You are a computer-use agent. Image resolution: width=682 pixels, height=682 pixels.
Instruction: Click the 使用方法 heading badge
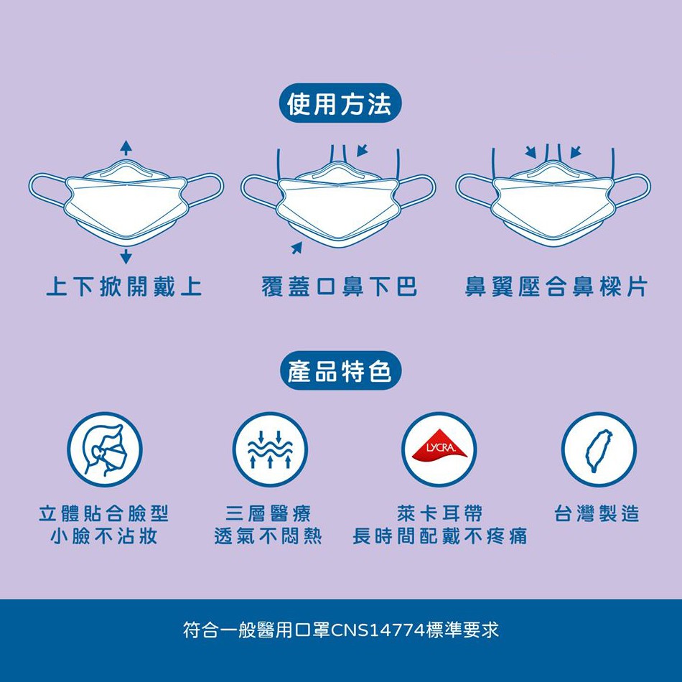340,103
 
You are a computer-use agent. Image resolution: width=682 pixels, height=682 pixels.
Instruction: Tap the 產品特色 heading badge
340,370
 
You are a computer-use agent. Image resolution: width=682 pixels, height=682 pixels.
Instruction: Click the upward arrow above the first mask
126,148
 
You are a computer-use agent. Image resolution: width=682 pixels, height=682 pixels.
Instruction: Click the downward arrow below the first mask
126,256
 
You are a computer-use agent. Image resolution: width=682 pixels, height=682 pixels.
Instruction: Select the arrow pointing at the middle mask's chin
296,248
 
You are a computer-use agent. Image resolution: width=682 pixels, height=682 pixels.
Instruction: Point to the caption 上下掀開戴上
124,286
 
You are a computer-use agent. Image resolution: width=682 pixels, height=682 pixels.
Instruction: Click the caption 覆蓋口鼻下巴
340,286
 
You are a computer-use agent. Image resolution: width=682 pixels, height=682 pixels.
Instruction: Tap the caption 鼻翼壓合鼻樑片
556,286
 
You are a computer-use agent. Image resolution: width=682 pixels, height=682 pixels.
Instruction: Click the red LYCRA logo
439,445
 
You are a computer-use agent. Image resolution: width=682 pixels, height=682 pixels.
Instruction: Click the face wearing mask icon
104,449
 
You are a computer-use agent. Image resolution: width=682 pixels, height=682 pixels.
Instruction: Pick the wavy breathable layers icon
270,449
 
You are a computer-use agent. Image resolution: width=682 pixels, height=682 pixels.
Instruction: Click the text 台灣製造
597,513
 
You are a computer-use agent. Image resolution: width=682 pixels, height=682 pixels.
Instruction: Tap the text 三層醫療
268,513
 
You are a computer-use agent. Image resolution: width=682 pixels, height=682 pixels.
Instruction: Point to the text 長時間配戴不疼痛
440,536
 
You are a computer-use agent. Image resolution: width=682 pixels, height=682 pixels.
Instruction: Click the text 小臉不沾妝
103,536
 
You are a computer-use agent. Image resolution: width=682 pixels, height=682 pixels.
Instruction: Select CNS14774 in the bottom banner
378,630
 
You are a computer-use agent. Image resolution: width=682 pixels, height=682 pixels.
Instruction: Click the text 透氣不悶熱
268,536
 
